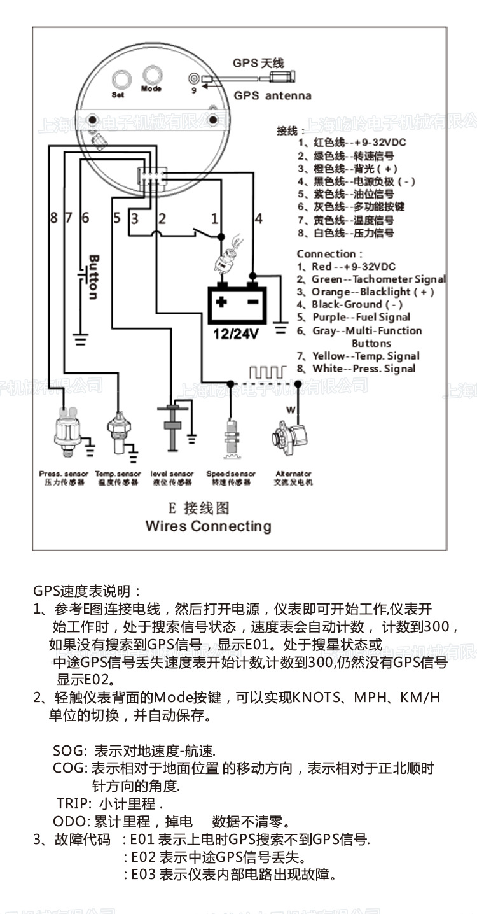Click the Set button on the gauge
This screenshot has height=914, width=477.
(119, 80)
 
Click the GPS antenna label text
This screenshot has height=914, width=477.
(273, 95)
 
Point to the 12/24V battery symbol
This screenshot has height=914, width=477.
(237, 305)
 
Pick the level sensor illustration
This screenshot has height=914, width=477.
(171, 430)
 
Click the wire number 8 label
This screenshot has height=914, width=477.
(53, 218)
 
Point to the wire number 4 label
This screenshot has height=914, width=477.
(258, 218)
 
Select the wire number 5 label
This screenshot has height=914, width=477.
(116, 218)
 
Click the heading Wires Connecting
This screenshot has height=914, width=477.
(208, 526)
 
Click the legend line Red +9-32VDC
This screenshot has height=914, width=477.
(347, 266)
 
